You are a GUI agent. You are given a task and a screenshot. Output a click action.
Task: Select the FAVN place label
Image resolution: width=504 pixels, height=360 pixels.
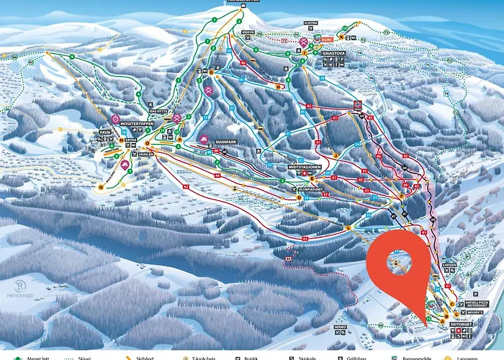105,132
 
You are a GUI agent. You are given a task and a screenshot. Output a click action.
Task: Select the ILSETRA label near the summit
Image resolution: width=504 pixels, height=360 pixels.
310,32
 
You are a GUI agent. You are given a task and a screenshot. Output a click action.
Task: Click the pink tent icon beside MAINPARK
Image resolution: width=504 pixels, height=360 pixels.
204,141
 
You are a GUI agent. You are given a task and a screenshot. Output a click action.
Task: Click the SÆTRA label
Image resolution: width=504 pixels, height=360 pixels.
131,140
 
